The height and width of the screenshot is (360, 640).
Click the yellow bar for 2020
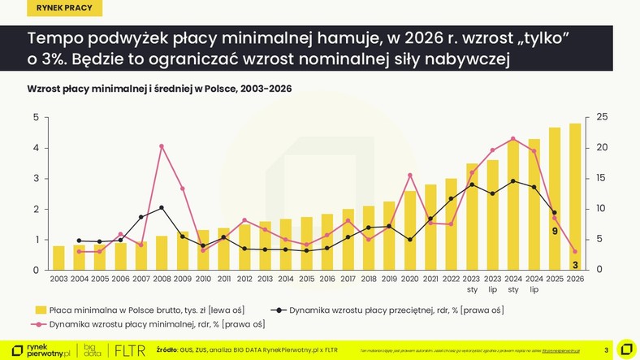point(410,231)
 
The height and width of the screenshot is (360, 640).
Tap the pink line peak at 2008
point(162,146)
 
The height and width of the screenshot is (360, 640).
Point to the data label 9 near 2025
point(555,232)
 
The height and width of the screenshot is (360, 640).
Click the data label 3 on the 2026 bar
point(575,264)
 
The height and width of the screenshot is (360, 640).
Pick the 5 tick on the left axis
point(36,118)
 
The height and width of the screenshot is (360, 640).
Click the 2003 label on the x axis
point(58,280)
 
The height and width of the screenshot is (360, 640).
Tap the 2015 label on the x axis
point(306,280)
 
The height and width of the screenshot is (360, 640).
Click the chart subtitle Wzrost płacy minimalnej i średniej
point(159,88)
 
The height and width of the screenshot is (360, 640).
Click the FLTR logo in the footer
point(131,350)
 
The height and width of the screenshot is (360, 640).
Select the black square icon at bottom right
point(626,349)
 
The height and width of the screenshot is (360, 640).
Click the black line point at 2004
point(79,241)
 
